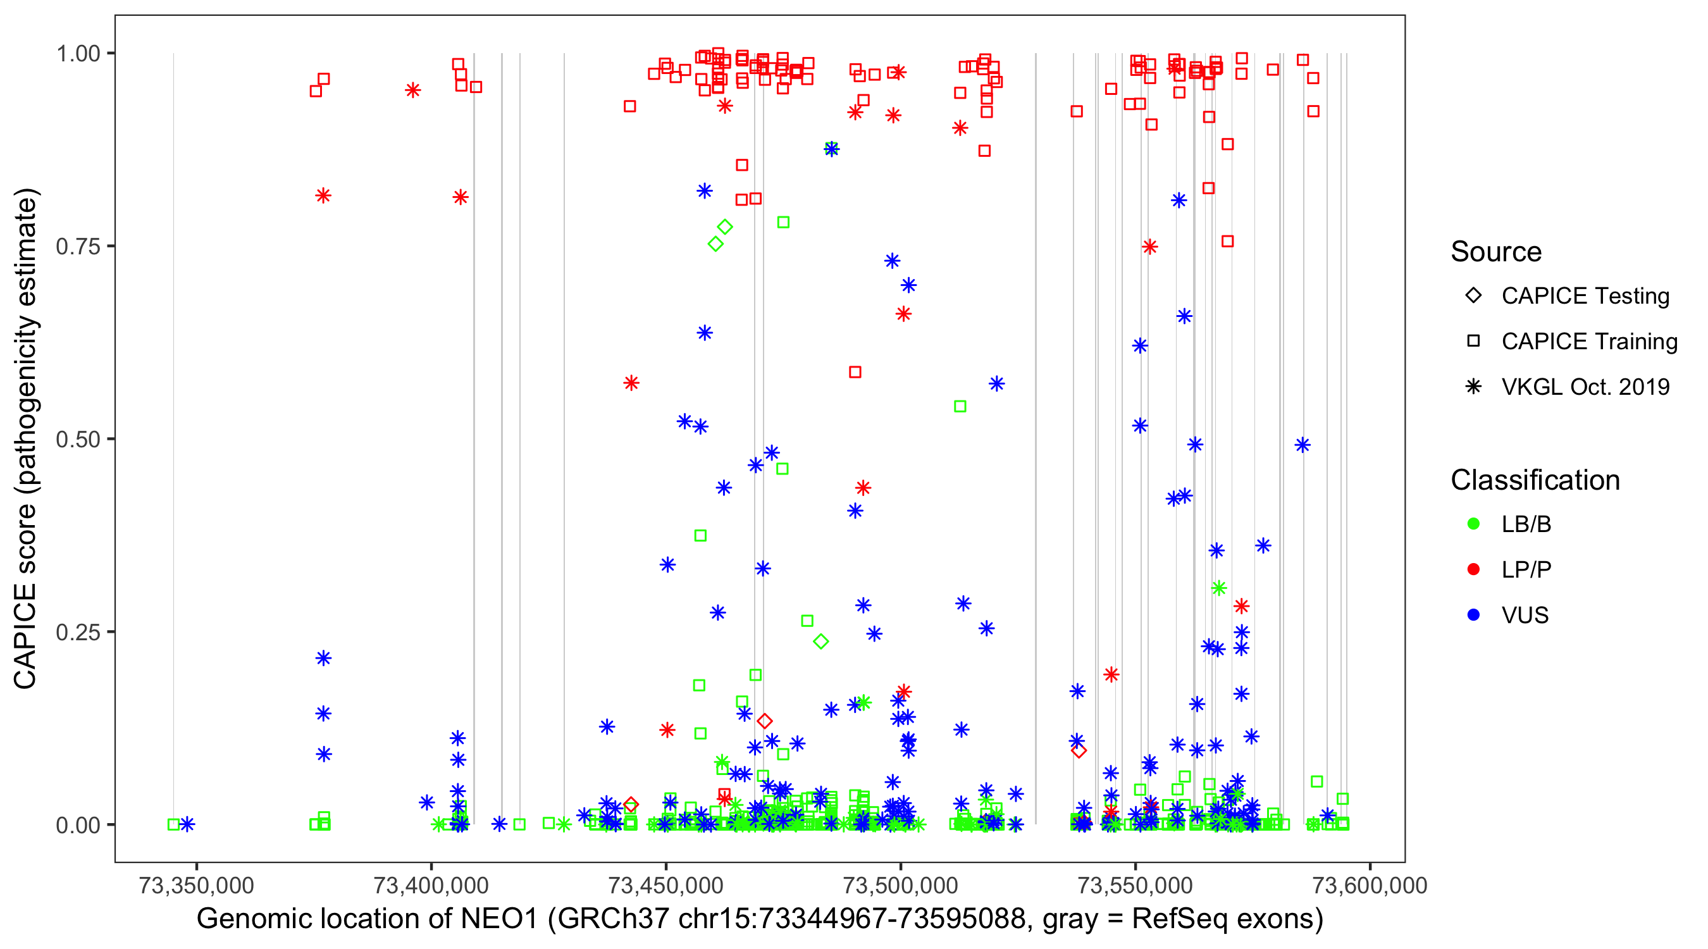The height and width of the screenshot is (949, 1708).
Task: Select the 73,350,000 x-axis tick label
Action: coord(196,885)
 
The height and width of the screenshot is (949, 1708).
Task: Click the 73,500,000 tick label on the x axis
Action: coord(900,885)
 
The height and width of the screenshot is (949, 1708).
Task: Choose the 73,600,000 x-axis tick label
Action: coord(1370,885)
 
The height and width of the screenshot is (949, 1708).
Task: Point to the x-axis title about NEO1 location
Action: coord(760,919)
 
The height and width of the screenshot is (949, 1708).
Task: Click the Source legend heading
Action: coord(1496,252)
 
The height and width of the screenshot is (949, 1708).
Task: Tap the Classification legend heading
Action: coord(1535,480)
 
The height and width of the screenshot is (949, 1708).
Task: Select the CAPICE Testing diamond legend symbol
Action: coord(1473,295)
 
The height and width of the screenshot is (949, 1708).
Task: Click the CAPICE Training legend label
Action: coord(1589,341)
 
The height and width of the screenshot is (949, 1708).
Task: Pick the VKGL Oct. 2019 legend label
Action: coord(1585,387)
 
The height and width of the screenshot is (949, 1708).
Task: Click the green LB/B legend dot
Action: coord(1473,524)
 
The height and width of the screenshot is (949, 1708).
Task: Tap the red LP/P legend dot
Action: coord(1473,569)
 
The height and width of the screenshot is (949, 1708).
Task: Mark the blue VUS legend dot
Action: coord(1473,615)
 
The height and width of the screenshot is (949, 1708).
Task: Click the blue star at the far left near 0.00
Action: coord(188,824)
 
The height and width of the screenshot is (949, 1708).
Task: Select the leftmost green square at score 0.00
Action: coord(174,824)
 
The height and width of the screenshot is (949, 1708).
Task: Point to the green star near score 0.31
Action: coord(1218,588)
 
